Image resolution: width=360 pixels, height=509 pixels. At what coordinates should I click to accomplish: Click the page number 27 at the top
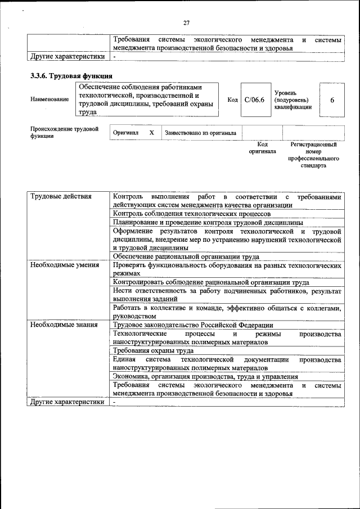(186, 22)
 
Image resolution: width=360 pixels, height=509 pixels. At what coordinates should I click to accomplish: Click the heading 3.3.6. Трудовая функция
(71, 75)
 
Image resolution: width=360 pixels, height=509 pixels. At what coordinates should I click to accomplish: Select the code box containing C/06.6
(255, 100)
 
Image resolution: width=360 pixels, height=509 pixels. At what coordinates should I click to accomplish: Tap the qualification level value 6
(332, 100)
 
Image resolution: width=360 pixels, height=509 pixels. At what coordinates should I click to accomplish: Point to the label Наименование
(50, 100)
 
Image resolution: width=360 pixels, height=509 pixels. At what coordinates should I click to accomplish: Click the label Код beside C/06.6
(232, 100)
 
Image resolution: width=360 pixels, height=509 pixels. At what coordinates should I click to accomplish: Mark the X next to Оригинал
(151, 133)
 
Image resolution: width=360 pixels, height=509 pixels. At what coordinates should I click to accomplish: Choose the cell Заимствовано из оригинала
(200, 133)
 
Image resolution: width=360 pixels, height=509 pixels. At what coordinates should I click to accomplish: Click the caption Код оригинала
(263, 148)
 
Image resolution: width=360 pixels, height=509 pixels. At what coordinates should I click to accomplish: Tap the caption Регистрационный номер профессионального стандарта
(313, 155)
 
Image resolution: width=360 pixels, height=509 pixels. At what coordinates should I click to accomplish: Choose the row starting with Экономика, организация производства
(205, 376)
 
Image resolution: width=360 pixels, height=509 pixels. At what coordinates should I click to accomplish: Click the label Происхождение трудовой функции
(64, 133)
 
